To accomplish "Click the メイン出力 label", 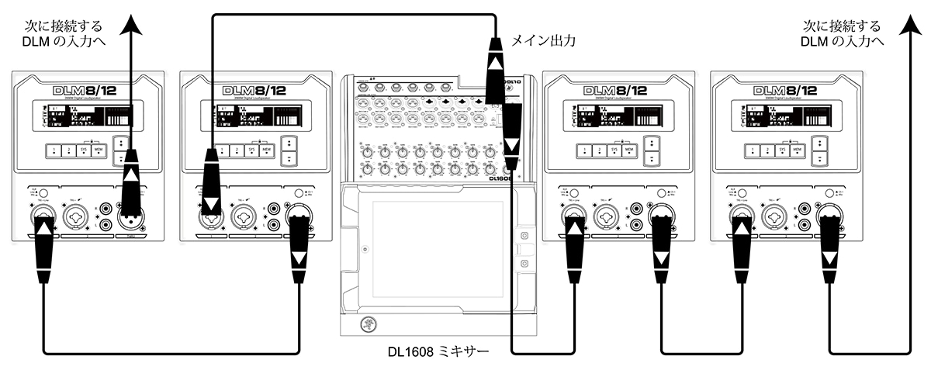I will coord(543,40).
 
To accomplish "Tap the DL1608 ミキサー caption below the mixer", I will coord(438,351).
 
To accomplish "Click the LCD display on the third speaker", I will coord(610,117).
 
